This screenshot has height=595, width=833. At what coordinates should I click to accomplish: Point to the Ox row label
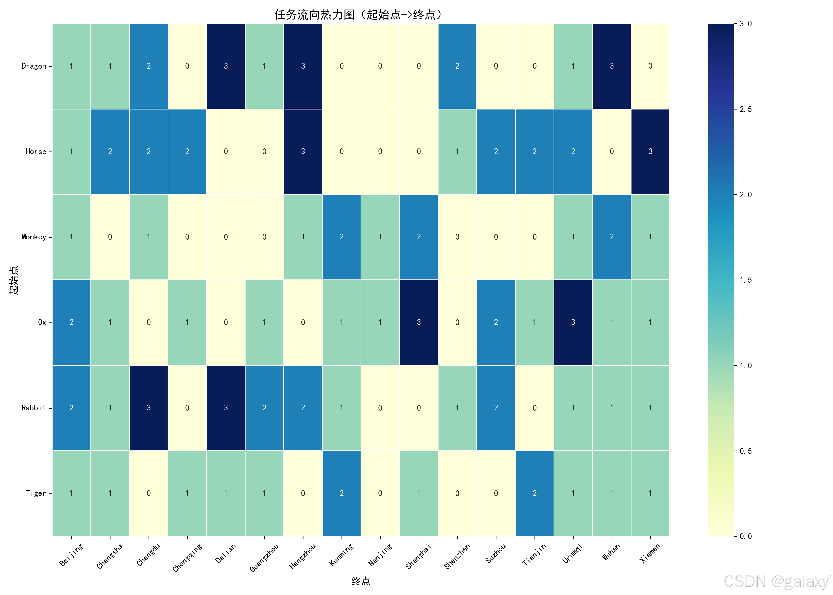[x=42, y=322]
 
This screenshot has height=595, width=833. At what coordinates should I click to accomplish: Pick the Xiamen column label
[x=650, y=553]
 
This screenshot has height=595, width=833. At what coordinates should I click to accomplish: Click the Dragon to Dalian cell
[x=226, y=66]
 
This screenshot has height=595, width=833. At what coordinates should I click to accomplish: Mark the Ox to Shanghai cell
[x=419, y=322]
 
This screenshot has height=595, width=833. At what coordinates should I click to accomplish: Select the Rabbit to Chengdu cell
[x=148, y=408]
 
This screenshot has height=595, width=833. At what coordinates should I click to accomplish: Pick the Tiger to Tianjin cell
[x=535, y=493]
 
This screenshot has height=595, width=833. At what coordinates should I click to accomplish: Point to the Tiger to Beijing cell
[x=71, y=493]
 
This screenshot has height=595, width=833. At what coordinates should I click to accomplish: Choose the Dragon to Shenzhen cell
[x=457, y=66]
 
